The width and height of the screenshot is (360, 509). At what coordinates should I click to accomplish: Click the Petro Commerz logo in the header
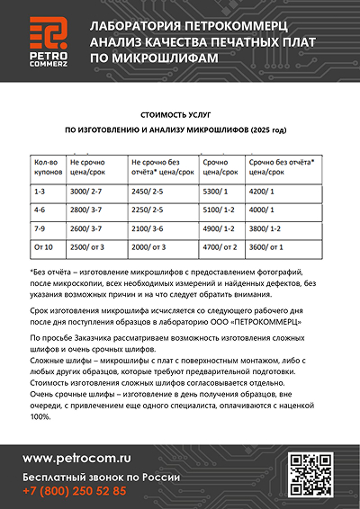pos(47,40)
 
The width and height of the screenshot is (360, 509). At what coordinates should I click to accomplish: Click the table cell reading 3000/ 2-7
pos(86,191)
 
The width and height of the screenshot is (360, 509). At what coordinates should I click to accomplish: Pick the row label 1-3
pos(40,191)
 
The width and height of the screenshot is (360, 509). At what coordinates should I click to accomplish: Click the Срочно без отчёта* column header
pos(280,165)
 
